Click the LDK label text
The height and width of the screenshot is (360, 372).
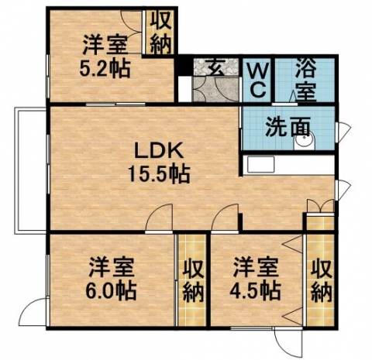(x=159, y=150)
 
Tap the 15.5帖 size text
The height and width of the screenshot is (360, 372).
(x=159, y=174)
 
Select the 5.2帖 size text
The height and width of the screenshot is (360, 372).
(x=105, y=69)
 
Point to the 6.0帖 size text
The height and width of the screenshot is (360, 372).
(x=111, y=290)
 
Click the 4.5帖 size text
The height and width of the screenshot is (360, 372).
(x=255, y=290)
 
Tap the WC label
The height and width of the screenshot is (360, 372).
(x=258, y=81)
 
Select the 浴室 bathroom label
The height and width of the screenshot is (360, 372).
(x=306, y=79)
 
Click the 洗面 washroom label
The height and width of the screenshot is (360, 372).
(x=288, y=127)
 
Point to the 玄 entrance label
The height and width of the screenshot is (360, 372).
(x=216, y=67)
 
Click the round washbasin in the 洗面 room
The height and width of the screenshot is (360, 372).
(x=305, y=141)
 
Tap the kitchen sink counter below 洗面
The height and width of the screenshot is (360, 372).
(x=260, y=164)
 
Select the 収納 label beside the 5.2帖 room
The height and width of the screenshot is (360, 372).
(x=160, y=33)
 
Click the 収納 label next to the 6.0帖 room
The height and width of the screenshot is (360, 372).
(x=193, y=281)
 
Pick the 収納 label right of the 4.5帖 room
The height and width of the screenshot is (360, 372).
(x=321, y=281)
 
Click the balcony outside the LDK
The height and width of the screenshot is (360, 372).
(x=30, y=170)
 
